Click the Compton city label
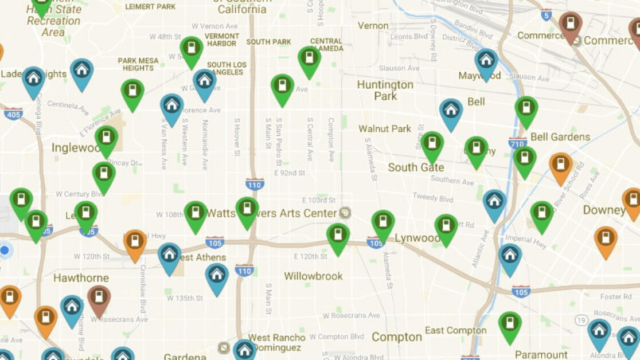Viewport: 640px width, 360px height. (396, 337)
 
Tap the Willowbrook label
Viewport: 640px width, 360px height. (313, 276)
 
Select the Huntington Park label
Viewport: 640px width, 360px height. (385, 90)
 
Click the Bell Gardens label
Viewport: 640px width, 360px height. (560, 137)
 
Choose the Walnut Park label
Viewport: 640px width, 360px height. (385, 128)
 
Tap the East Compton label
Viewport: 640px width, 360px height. (455, 330)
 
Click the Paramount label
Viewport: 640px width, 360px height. (541, 354)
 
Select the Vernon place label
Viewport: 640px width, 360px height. (373, 25)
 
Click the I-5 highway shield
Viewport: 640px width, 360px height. (547, 15)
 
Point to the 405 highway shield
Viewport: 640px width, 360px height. (13, 114)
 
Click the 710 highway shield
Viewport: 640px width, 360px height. (517, 142)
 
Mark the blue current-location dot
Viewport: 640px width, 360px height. (5, 250)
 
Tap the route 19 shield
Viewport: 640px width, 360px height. (582, 320)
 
